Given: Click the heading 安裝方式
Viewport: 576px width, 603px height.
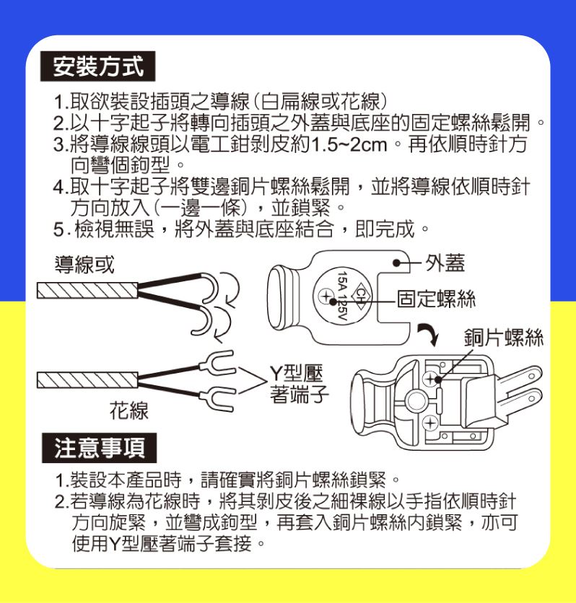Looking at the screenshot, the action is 97,66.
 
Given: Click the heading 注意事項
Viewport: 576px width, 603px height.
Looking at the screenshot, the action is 100,448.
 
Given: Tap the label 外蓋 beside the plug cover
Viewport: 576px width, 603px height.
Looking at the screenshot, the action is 445,263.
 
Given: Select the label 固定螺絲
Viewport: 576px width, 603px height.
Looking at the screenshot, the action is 436,299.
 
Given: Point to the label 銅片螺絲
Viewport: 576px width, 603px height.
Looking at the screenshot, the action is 503,338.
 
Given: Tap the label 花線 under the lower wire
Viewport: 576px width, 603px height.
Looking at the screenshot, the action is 129,410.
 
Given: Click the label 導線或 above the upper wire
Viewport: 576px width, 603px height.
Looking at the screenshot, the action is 84,265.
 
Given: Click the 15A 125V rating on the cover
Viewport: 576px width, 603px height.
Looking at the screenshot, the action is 342,296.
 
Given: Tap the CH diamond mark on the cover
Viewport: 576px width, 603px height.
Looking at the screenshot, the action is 360,296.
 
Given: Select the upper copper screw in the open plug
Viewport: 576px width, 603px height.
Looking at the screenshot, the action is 430,379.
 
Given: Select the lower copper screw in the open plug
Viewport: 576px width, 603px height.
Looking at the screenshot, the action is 430,423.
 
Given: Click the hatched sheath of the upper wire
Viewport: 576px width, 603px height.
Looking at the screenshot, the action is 87,291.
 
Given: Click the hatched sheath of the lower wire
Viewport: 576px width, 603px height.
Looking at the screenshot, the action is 87,380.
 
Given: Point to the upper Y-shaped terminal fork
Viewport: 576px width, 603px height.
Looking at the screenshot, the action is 217,362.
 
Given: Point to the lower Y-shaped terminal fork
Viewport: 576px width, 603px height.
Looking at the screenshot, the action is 217,398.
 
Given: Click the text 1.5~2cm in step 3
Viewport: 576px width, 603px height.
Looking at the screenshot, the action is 349,145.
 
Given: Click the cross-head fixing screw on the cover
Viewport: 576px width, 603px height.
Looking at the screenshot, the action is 326,296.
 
